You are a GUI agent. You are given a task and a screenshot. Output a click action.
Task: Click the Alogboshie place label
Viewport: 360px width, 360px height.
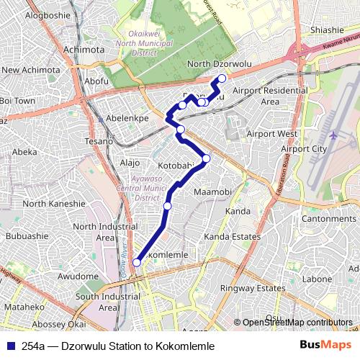click(x=47, y=14)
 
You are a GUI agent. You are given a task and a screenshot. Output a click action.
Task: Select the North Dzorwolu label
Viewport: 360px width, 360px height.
click(x=218, y=64)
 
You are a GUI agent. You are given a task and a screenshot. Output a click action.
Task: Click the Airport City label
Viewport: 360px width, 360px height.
click(x=304, y=148)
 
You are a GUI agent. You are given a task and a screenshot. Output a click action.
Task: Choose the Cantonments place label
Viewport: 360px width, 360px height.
click(x=329, y=218)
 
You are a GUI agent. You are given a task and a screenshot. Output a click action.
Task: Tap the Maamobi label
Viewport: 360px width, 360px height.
click(x=212, y=192)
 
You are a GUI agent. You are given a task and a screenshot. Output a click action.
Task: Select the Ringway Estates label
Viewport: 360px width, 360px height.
click(x=253, y=288)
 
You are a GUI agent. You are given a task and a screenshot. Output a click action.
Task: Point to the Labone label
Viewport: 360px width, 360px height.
click(x=317, y=279)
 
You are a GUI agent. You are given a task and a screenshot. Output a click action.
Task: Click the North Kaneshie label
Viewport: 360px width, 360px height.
click(x=54, y=204)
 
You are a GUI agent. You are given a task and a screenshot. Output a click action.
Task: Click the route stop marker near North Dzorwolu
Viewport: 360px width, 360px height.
click(x=222, y=78)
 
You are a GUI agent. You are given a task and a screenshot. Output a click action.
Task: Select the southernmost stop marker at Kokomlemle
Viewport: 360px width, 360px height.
click(x=136, y=263)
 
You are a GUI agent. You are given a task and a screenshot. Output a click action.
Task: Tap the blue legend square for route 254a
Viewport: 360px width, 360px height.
click(x=7, y=346)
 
